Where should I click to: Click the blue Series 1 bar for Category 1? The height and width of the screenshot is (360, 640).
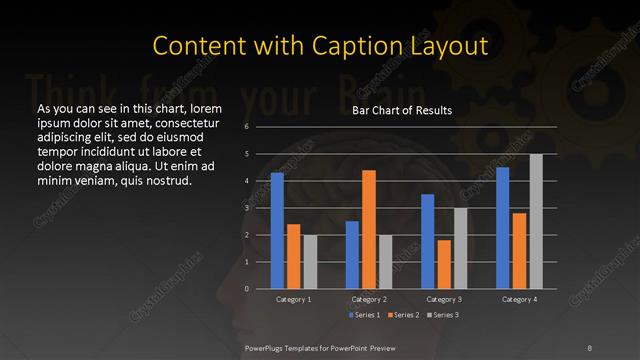pos(277,231)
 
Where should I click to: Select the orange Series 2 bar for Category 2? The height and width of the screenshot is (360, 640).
pos(369,229)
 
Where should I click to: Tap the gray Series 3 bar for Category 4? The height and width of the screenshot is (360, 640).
pos(536,221)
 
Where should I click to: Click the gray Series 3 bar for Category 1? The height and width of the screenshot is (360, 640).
pos(310,262)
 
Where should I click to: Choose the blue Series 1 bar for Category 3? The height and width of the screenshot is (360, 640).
pos(428,241)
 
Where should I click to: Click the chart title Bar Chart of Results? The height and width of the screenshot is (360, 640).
pos(402,111)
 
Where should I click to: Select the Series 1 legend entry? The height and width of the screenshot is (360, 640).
pos(364,315)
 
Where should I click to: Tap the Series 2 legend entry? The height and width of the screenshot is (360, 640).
pos(403,315)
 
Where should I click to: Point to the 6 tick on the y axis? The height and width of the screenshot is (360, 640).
pos(246,127)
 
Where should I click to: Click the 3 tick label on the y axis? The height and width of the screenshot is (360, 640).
pos(246,208)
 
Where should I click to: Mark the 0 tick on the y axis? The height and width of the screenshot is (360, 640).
pos(246,289)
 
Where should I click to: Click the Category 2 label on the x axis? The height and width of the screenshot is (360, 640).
pos(368,299)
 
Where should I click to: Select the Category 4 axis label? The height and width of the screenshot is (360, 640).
pos(519,299)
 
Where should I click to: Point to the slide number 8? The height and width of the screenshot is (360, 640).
pos(589,347)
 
